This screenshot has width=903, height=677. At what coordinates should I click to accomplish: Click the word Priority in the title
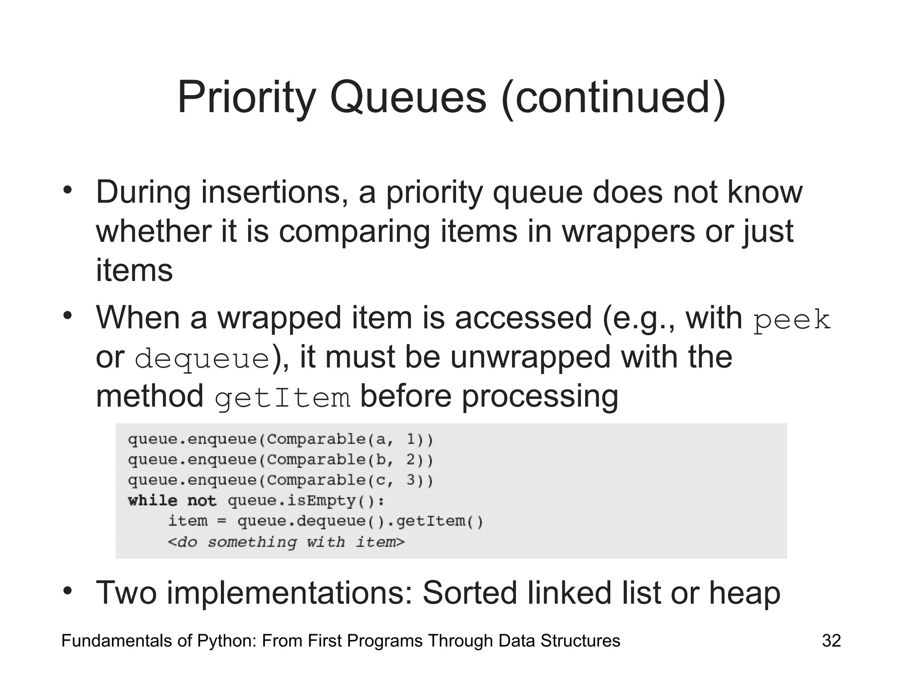tap(247, 98)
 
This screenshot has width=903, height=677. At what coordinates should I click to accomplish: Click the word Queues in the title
tap(408, 98)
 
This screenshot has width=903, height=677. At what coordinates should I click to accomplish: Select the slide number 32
tap(831, 641)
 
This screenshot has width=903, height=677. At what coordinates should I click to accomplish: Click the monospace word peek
tap(791, 320)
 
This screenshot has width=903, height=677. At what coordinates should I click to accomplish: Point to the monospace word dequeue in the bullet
tap(202, 359)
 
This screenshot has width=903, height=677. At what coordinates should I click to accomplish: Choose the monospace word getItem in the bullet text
tap(283, 398)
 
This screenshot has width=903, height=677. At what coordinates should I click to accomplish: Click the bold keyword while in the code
tap(153, 501)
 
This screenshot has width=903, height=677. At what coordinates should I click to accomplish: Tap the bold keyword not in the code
tap(202, 501)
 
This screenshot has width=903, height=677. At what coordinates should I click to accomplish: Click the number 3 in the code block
tap(410, 480)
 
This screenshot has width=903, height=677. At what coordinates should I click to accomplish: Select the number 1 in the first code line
tap(410, 439)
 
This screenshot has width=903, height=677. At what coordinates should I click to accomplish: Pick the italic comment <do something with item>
tap(286, 542)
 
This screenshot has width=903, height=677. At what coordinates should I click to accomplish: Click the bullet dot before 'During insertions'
tap(67, 191)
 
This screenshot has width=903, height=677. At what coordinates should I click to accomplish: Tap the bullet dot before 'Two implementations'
tap(67, 591)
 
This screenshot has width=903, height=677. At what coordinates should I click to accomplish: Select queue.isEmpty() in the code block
tap(306, 501)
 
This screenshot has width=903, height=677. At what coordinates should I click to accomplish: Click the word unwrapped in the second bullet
tap(530, 357)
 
